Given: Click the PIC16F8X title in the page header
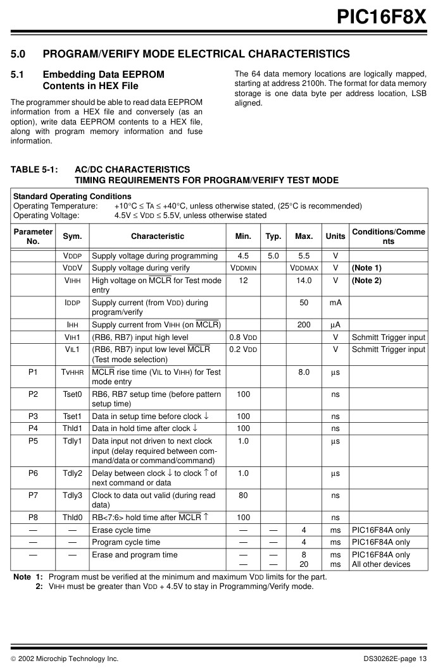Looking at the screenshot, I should (381, 16).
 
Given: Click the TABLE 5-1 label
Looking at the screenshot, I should (35, 170).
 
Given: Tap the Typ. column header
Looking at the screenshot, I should (273, 236).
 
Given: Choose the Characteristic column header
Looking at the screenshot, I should (158, 236).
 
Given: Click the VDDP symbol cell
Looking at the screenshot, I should (73, 257).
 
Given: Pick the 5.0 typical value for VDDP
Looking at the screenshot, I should (273, 257).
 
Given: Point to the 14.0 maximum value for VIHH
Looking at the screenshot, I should (304, 281).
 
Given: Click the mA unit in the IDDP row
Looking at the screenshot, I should (335, 303).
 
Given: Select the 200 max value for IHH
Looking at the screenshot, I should (304, 325).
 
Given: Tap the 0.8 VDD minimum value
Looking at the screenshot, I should (243, 337).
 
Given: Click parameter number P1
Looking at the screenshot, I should (33, 372).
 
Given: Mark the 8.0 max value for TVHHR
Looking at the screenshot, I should (304, 372).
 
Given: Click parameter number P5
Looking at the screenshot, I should (33, 441).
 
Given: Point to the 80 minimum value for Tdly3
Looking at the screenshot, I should (243, 495).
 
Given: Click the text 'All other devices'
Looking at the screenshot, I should (381, 564).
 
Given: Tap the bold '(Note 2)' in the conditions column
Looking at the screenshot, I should (366, 281).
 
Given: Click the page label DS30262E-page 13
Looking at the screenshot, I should (395, 659).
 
